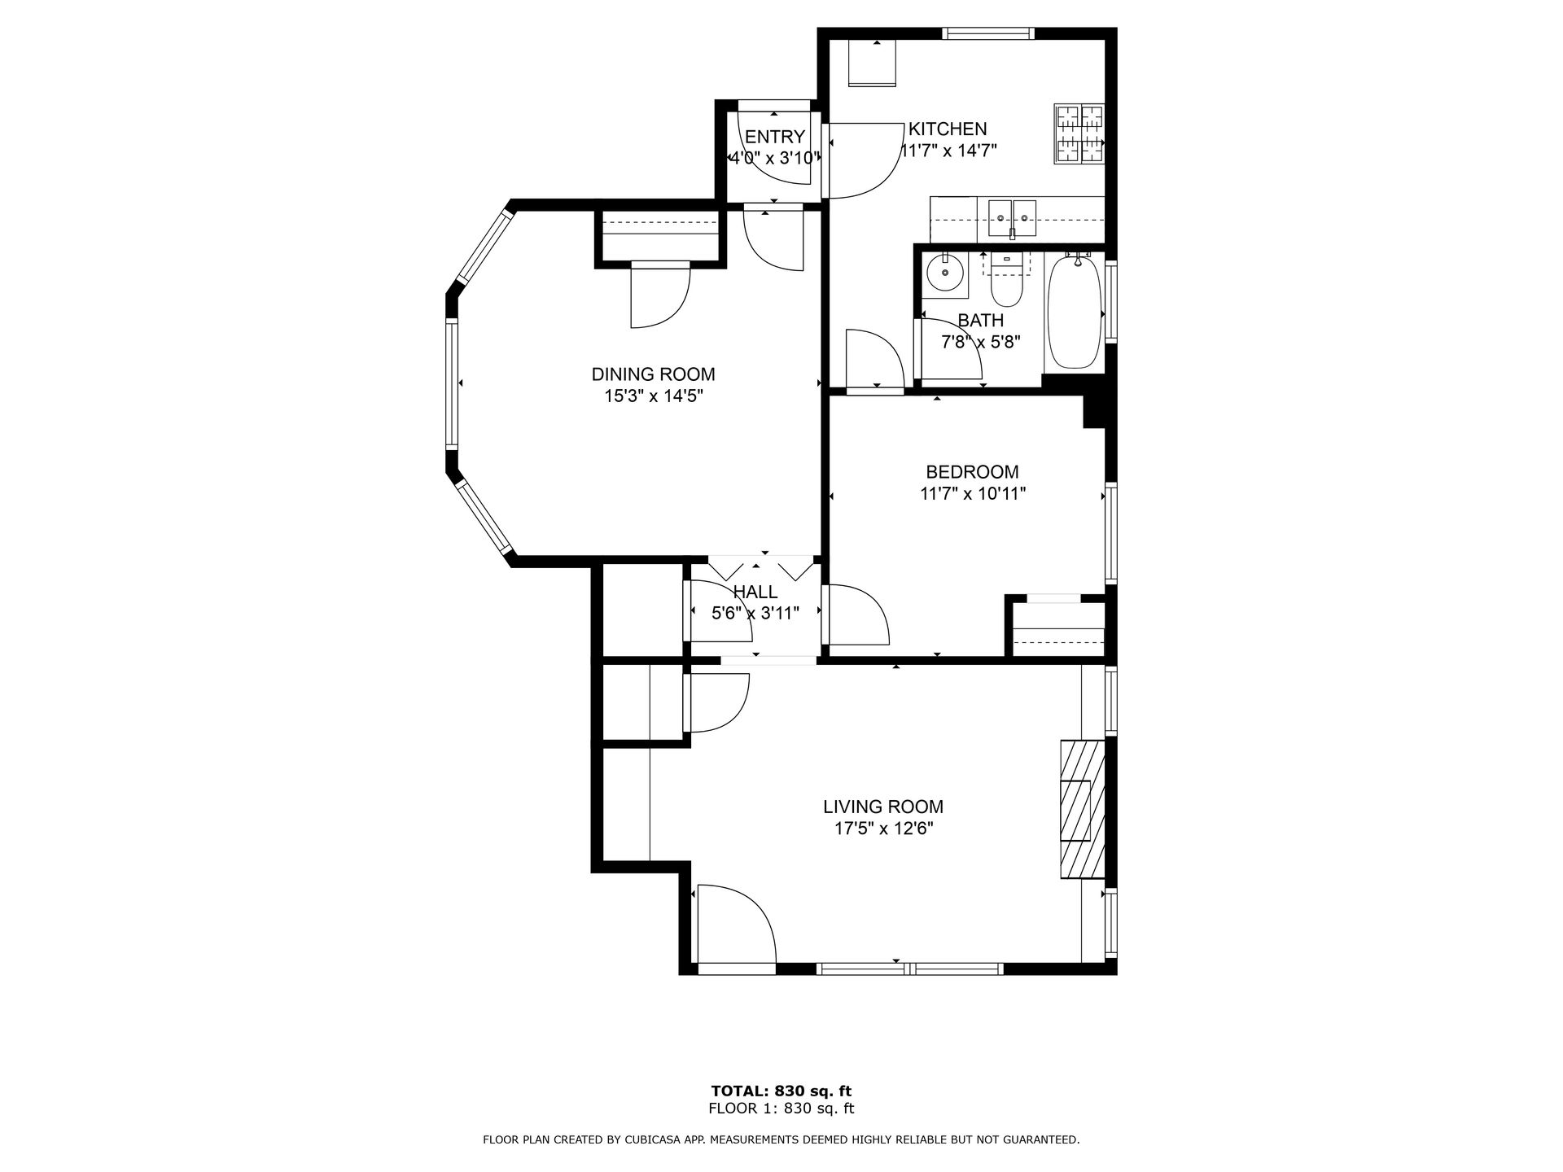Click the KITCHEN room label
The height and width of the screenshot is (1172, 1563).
948,129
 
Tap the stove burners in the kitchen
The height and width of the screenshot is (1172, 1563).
1080,134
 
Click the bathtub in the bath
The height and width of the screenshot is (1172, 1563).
1075,312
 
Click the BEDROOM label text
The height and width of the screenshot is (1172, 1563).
972,472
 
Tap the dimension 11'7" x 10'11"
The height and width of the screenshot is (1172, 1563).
972,494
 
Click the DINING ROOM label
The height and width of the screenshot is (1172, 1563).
653,374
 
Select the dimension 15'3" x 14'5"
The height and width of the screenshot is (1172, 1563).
653,396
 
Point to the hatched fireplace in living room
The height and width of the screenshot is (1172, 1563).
1082,809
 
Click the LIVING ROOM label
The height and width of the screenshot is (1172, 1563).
883,807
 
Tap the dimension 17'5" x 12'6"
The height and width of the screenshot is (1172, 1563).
883,829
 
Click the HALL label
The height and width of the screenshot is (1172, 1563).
755,592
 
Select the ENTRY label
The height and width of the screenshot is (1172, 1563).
775,137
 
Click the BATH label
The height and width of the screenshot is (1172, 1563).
981,321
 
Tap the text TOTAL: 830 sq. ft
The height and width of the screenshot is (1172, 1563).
781,1091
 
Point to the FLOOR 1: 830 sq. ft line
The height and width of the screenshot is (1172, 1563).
781,1109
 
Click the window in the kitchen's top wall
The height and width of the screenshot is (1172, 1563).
988,33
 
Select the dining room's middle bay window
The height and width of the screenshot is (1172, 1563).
451,383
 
